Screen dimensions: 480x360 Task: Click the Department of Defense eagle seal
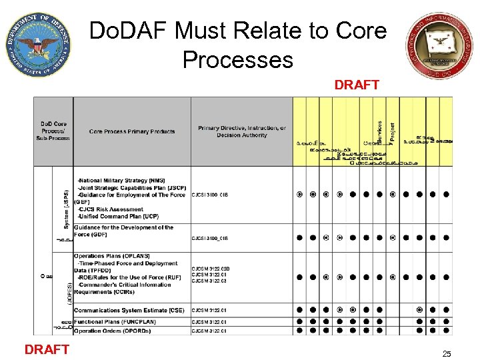click(39, 45)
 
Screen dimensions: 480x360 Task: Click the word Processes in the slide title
click(237, 60)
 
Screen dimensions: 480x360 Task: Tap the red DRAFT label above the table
click(357, 85)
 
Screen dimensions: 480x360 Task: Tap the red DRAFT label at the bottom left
click(47, 349)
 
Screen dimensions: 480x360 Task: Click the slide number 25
click(447, 354)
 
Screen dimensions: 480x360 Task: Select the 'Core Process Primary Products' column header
click(132, 131)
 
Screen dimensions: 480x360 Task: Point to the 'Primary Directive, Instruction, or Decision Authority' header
click(241, 131)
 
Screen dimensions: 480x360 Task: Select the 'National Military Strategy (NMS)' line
click(121, 181)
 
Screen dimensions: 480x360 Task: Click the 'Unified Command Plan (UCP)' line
click(117, 217)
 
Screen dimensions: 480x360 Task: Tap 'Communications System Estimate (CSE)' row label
click(129, 310)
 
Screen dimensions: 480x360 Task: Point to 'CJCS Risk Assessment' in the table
click(111, 209)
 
